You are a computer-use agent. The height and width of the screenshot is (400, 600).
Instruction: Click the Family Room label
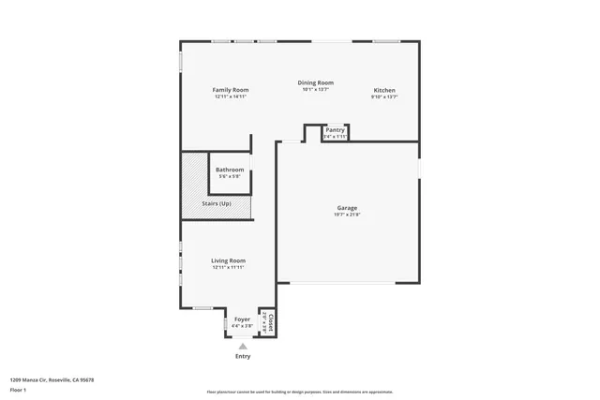[230, 90]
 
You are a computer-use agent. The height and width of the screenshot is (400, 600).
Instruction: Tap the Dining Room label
[316, 82]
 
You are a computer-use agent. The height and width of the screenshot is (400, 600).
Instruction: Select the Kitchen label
[384, 90]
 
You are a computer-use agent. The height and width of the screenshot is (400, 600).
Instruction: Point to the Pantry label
[335, 130]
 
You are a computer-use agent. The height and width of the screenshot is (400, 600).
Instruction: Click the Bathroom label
[230, 170]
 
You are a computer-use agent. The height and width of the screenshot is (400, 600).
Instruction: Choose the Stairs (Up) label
[217, 203]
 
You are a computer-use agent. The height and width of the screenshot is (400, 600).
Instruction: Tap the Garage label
[347, 208]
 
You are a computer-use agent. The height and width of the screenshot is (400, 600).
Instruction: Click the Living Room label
[228, 260]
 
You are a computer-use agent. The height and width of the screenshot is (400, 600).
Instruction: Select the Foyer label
[242, 319]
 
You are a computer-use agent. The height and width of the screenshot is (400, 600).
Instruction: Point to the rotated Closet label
[271, 322]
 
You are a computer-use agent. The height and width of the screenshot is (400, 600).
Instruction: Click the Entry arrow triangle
[243, 347]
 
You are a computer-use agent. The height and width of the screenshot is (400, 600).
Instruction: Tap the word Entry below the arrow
[243, 356]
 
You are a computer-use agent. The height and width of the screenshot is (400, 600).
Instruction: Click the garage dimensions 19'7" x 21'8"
[347, 215]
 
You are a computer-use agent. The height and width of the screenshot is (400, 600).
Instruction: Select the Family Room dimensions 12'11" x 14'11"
[230, 96]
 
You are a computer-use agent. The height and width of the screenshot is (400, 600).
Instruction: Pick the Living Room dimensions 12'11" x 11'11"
[228, 267]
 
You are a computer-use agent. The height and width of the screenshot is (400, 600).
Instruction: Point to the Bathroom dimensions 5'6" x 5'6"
[230, 176]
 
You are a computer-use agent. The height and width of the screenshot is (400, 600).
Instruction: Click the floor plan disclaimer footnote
[299, 392]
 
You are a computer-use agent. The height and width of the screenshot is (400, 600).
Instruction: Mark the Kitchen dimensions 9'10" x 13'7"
[384, 96]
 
